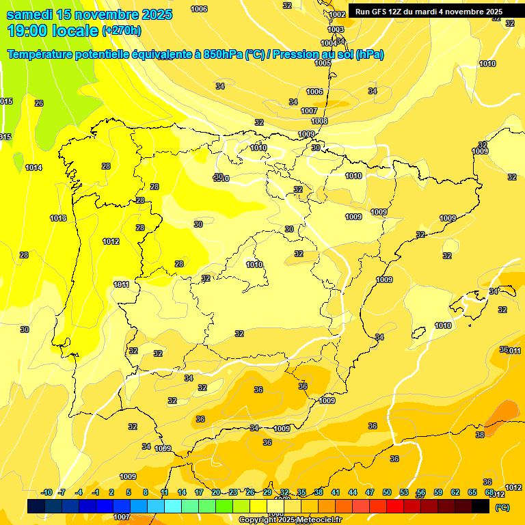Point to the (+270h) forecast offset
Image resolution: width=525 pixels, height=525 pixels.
point(122,31)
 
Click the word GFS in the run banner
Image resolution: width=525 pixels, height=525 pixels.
point(382,12)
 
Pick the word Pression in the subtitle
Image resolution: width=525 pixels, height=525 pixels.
point(291,55)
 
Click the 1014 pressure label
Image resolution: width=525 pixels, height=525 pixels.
point(33,167)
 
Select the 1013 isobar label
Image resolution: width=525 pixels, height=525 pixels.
point(58,218)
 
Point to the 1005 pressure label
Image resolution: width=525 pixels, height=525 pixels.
point(323,63)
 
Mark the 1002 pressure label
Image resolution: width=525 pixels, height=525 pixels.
point(337,14)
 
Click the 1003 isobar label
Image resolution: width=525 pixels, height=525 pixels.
point(336,29)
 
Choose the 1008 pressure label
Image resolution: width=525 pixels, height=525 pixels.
point(319,121)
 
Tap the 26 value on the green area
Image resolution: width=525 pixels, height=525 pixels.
point(39,103)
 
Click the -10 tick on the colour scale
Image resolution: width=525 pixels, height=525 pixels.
point(47,493)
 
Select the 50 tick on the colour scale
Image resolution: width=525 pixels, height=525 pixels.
point(387,493)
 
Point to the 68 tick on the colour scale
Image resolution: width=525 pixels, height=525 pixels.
point(489,493)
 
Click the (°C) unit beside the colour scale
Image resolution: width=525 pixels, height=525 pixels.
point(502,507)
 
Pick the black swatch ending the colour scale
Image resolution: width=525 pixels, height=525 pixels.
point(481,506)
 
